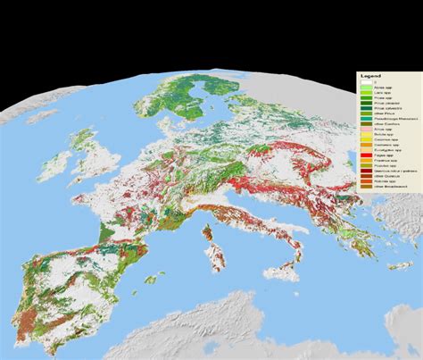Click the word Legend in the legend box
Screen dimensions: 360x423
367,76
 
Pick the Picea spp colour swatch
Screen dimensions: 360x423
366,98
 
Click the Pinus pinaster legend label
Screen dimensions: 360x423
386,103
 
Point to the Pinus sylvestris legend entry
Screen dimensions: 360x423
386,108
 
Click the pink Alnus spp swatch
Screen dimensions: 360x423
366,130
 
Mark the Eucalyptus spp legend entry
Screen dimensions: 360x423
386,150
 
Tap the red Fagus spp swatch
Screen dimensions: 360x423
366,155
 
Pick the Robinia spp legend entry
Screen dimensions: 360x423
385,181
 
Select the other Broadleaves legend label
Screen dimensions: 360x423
389,187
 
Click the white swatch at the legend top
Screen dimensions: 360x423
366,82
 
